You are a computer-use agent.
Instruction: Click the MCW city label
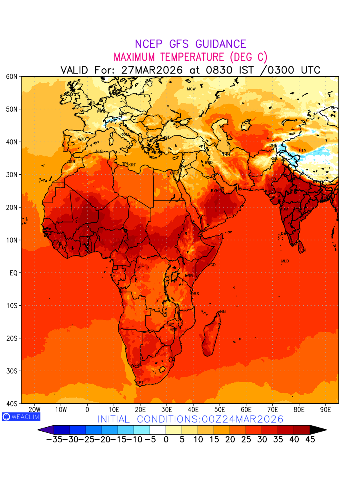191,89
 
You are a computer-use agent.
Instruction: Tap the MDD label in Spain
82,139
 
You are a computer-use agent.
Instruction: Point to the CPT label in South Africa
140,383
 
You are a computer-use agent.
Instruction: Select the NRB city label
189,276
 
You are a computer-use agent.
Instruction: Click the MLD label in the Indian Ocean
285,261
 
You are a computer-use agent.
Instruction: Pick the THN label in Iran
226,155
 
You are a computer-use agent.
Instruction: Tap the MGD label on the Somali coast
212,265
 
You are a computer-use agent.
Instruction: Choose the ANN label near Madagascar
222,312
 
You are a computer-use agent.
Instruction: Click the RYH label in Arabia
215,191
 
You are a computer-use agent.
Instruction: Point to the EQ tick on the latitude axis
13,273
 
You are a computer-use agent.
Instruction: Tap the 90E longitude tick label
326,410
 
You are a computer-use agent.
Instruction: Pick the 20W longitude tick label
35,410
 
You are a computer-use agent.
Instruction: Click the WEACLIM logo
21,416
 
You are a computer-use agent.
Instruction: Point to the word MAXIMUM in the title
139,57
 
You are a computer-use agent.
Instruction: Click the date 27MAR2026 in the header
152,70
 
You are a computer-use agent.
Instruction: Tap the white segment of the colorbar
158,430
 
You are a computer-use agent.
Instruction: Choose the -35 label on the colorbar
53,440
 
